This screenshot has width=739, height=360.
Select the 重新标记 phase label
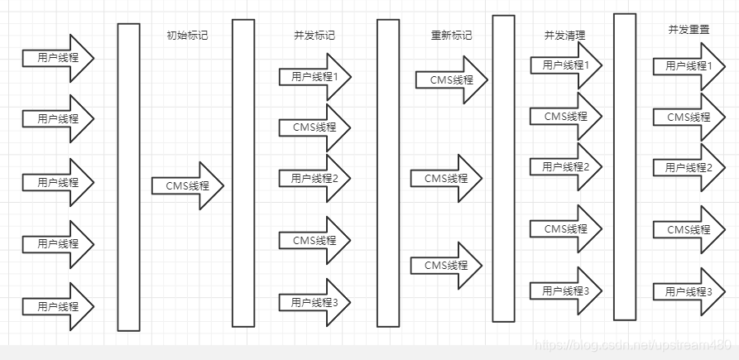click(x=451, y=36)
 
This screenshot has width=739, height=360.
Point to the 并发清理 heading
click(x=564, y=36)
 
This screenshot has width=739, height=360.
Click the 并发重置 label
click(x=689, y=29)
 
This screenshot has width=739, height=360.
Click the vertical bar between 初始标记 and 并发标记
click(x=243, y=173)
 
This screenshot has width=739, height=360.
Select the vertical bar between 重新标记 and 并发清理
click(x=504, y=168)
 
